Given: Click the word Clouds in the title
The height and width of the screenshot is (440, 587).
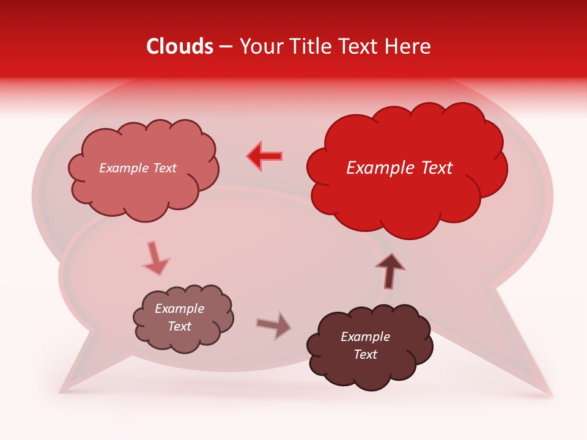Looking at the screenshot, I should click(x=180, y=46).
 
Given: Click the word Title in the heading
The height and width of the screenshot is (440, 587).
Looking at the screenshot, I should click(x=310, y=46).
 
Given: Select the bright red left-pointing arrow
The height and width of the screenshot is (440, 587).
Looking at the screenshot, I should click(x=265, y=156).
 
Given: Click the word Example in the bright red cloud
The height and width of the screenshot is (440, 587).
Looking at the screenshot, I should click(x=380, y=168).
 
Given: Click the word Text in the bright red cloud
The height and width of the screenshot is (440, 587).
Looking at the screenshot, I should click(x=435, y=168).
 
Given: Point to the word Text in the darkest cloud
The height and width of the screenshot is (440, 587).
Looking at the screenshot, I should click(x=365, y=354).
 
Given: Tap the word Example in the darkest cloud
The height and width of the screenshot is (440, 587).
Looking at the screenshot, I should click(x=365, y=337).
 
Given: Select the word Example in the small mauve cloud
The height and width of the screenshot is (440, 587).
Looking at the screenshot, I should click(x=179, y=309).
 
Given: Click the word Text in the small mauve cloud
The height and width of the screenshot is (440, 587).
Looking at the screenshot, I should click(x=179, y=326).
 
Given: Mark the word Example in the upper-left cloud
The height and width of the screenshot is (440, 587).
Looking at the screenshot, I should click(x=123, y=168).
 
